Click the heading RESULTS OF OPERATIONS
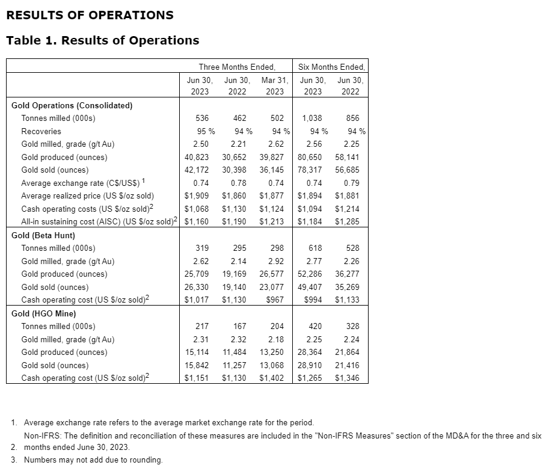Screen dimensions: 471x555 pyautogui.click(x=90, y=15)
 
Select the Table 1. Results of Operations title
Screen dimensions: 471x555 pyautogui.click(x=102, y=40)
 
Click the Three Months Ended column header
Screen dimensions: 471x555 pyautogui.click(x=237, y=67)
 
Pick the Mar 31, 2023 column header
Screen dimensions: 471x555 pyautogui.click(x=275, y=85)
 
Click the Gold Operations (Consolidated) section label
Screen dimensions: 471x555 pyautogui.click(x=72, y=105)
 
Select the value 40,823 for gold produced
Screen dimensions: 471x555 pyautogui.click(x=197, y=157)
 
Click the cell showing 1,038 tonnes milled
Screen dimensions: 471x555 pyautogui.click(x=311, y=118)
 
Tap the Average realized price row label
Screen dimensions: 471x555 pyautogui.click(x=87, y=195)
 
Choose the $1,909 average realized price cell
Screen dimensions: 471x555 pyautogui.click(x=197, y=195)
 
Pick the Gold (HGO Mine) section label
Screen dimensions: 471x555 pyautogui.click(x=43, y=313)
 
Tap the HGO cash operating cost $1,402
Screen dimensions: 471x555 pyautogui.click(x=272, y=378)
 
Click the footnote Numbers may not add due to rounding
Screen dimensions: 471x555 pyautogui.click(x=93, y=460)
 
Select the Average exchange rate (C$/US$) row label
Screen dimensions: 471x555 pyautogui.click(x=84, y=183)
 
